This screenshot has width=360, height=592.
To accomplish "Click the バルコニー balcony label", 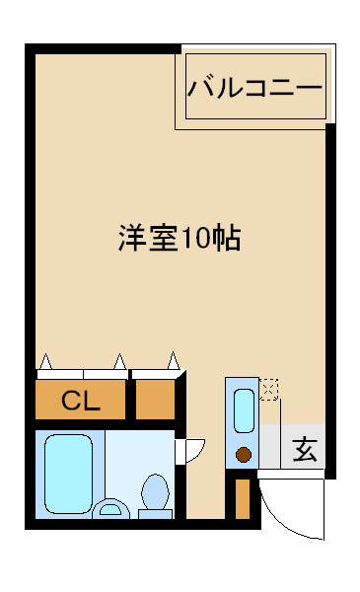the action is tap(255, 88).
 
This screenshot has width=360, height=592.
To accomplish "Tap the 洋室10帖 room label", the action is tap(180, 238).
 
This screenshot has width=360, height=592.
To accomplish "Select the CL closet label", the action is tap(81, 401).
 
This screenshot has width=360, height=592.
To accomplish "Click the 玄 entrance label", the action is tap(305, 449).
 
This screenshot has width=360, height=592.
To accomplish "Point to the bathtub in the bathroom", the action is tap(68, 474).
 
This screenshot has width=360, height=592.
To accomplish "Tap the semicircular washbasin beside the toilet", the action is tap(110, 509).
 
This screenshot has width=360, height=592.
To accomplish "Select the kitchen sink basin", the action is tap(244, 410).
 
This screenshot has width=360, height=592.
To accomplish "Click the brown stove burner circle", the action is tap(244, 454).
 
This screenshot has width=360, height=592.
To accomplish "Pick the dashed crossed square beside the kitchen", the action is tap(268, 390).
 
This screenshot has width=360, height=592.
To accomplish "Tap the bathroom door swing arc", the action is tap(197, 452).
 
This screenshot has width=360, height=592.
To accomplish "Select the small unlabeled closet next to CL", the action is tap(155, 400).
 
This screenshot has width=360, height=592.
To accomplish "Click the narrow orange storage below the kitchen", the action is tap(243, 499).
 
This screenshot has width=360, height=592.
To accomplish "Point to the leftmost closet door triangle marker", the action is tap(45, 362).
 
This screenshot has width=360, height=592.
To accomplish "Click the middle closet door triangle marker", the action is tap(119, 362).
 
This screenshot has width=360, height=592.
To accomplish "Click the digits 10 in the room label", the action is tap(195, 239).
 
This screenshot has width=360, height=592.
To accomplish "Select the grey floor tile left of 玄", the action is tap(270, 447).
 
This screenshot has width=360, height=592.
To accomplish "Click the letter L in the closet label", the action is tap(93, 401).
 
